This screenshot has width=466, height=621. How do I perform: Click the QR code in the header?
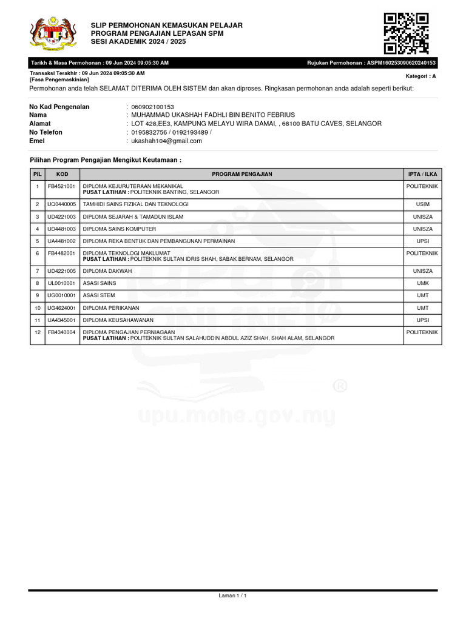[x=407, y=33]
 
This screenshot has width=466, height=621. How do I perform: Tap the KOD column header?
[x=62, y=174]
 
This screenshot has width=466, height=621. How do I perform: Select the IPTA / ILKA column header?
[x=422, y=174]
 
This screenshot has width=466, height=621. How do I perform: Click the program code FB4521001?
[x=62, y=186]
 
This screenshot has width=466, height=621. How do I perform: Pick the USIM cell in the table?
[x=422, y=204]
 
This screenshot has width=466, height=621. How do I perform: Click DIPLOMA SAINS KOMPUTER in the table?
[x=120, y=229]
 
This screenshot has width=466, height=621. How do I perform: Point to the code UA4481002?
[x=62, y=241]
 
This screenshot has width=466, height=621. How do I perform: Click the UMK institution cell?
[x=422, y=283]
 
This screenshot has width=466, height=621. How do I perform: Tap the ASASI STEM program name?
[x=100, y=295]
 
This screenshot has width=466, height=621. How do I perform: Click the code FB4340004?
[x=62, y=332]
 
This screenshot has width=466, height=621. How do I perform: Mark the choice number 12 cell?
[x=37, y=332]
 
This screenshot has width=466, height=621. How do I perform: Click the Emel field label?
[x=37, y=141]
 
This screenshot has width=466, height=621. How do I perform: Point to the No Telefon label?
[x=46, y=132]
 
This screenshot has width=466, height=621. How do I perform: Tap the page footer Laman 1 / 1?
[x=232, y=596]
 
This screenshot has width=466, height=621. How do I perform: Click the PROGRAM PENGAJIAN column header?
[x=242, y=174]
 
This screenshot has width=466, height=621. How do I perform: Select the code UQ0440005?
[x=62, y=204]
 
